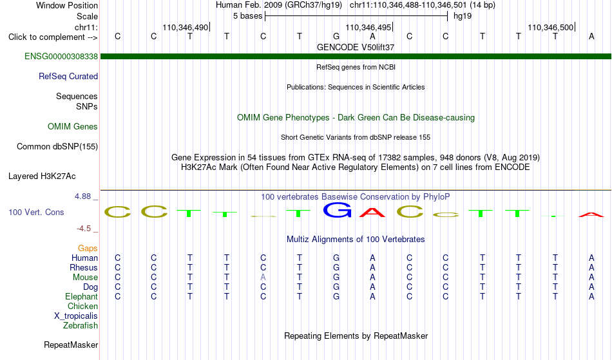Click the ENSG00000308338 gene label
pos(61,56)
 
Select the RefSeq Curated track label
pos(68,76)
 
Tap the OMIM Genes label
pos(73,126)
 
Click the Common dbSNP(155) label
pos(57,146)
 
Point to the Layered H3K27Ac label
pos(42,176)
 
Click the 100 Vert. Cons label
pos(36,212)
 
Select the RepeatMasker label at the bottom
pos(71,345)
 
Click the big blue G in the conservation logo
pos(337,210)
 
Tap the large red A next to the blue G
pos(372,212)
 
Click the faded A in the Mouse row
pos(263,277)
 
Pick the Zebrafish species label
pos(81,325)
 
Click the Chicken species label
pos(82,306)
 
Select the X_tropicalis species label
pos(76,316)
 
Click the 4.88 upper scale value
pos(82,196)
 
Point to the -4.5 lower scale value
pos(84,228)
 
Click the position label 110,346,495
pos(368,27)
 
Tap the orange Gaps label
pos(88,248)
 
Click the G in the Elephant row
pos(336,296)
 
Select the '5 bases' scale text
pos(248,16)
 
